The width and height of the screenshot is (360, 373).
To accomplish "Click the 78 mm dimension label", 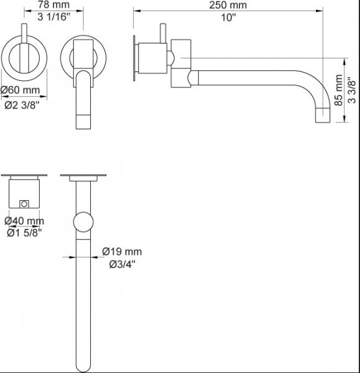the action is click(53, 5).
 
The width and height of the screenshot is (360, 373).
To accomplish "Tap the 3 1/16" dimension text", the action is click(54, 17).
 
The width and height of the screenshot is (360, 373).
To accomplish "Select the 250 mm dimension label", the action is click(228, 5).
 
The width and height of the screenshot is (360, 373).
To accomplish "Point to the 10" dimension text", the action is click(228, 17).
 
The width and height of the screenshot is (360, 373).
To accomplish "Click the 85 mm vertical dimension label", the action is click(338, 90).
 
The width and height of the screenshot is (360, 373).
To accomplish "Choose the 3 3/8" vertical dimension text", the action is click(352, 90).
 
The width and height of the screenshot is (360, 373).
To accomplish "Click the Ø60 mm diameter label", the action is click(21, 90).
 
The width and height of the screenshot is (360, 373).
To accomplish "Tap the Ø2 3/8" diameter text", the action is click(22, 105).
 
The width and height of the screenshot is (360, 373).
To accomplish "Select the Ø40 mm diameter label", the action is click(24, 221).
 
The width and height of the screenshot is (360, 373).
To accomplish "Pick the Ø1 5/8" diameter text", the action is click(24, 233).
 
